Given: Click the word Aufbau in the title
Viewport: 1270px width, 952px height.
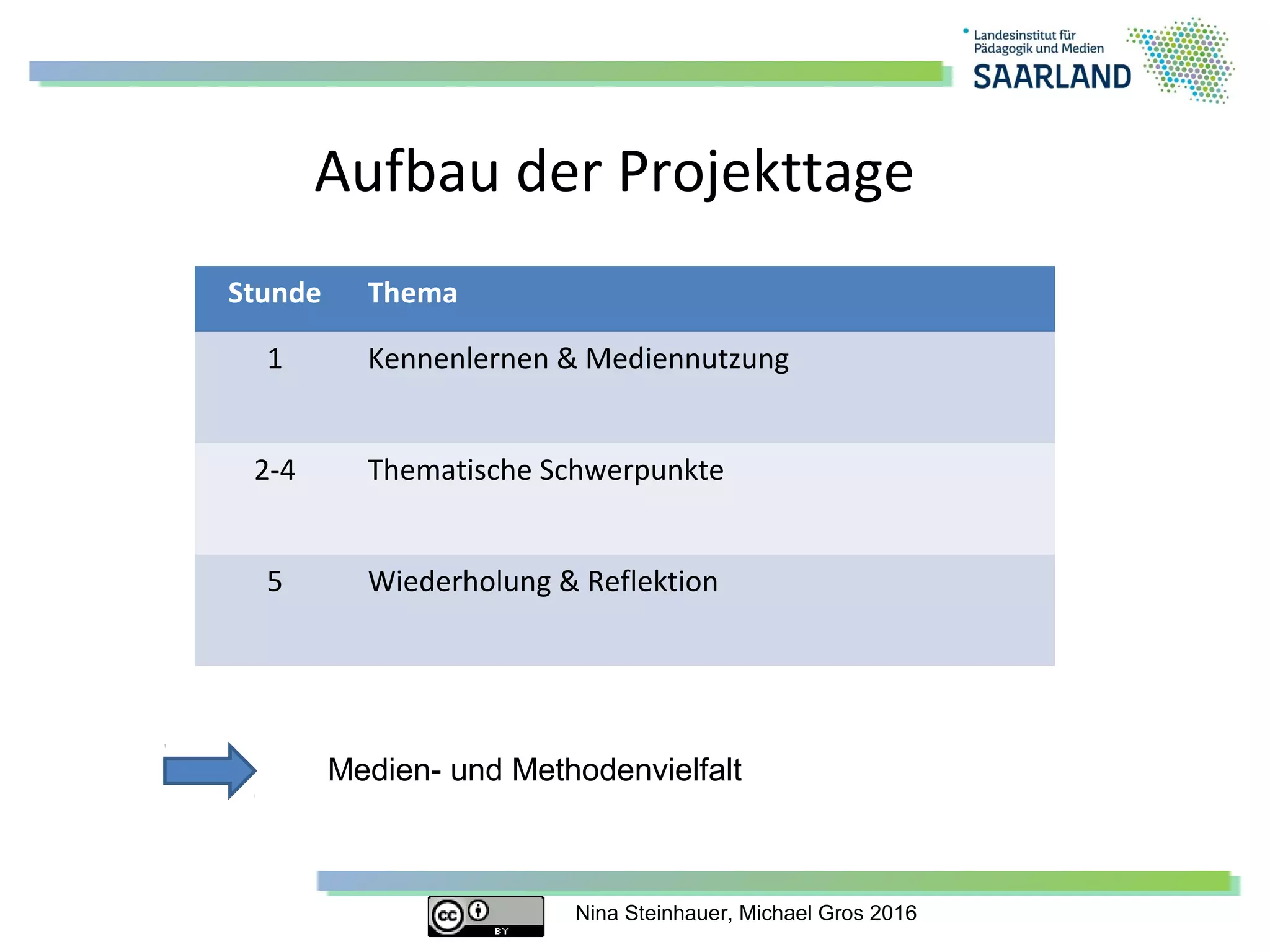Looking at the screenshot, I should tap(406, 172).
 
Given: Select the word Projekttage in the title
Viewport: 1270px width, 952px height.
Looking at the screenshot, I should tap(765, 173).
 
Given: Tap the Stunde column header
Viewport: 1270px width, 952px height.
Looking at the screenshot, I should tap(274, 293).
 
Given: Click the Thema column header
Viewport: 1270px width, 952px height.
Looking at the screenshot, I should tap(412, 293).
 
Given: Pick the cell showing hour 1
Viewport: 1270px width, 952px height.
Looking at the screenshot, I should tap(275, 359).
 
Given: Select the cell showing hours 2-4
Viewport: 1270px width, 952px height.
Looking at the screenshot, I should tap(275, 470).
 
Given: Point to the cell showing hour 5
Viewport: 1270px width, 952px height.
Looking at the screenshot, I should tap(275, 582).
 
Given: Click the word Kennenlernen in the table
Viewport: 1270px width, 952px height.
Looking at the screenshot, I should tap(458, 359).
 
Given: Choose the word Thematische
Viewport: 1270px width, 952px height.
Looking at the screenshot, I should tap(449, 470).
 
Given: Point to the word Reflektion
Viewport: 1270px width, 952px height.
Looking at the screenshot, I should tap(652, 582).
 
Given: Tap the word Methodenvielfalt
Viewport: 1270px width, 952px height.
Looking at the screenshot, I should tap(627, 770).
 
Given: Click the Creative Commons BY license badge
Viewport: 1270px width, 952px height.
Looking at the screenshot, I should tap(486, 915).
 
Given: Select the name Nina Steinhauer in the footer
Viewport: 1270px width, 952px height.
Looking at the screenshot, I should tap(654, 914).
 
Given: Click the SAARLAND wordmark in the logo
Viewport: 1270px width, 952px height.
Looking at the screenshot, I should tap(1052, 77).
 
